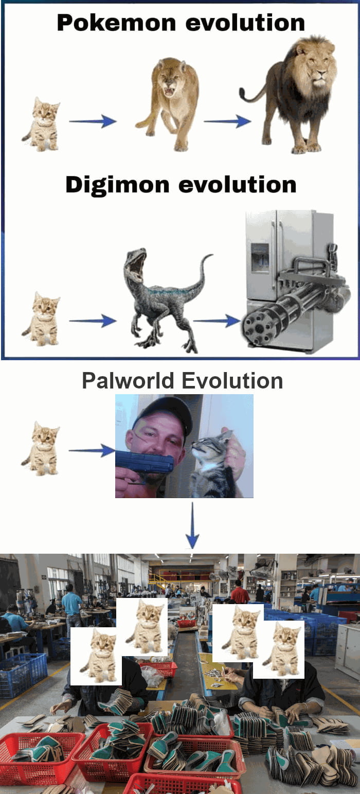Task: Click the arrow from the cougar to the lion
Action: pos(227,121)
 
